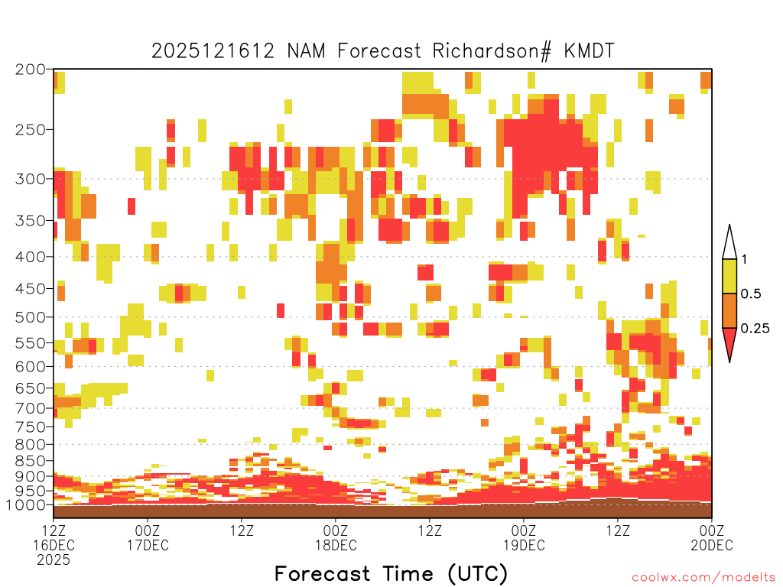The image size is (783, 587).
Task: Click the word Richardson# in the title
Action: click(492, 51)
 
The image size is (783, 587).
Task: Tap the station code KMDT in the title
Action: click(590, 51)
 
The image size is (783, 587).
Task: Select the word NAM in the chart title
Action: click(306, 51)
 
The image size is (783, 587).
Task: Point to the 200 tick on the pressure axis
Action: click(31, 70)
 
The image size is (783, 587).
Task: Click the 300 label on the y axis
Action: click(31, 179)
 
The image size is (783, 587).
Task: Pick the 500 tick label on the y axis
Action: click(31, 317)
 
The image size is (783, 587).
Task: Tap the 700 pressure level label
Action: click(31, 408)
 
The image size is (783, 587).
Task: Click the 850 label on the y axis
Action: click(31, 461)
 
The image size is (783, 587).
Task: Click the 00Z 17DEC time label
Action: click(148, 538)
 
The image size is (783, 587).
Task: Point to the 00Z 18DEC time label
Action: click(336, 538)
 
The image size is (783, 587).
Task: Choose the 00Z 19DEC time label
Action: click(524, 538)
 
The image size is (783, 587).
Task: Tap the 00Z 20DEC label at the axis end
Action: click(712, 538)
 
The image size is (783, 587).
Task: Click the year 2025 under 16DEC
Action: click(54, 560)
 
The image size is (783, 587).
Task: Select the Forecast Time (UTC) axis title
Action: click(391, 574)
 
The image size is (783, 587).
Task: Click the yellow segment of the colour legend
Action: click(729, 276)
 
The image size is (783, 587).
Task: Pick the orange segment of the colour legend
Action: click(729, 310)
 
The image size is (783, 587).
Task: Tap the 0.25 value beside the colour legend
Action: click(755, 329)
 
